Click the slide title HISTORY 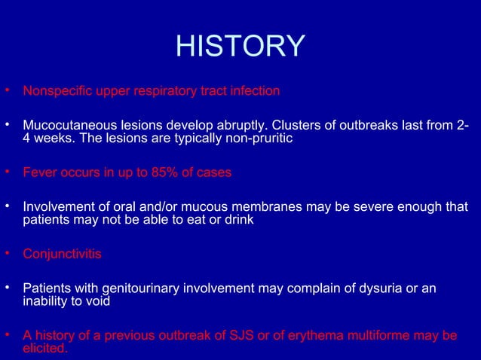point(240,46)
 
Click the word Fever point(38,172)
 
